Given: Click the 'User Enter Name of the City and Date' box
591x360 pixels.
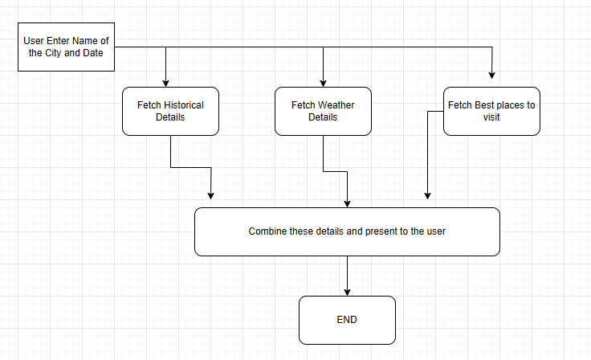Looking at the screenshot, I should pyautogui.click(x=66, y=47).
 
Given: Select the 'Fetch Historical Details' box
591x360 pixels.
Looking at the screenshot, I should pyautogui.click(x=170, y=111).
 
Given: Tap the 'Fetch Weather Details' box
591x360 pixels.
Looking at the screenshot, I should pyautogui.click(x=323, y=111).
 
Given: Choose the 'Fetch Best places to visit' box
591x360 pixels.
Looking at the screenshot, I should pyautogui.click(x=491, y=111).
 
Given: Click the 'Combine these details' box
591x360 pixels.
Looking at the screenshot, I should pyautogui.click(x=347, y=231).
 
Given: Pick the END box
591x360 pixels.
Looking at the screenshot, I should pyautogui.click(x=347, y=320).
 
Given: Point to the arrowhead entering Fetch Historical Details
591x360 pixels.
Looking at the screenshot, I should pyautogui.click(x=166, y=82).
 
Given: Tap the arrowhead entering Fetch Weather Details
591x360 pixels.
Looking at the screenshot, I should pyautogui.click(x=323, y=82).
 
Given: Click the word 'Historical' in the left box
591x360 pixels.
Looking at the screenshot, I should pyautogui.click(x=183, y=105).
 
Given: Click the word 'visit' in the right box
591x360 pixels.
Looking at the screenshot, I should pyautogui.click(x=491, y=117).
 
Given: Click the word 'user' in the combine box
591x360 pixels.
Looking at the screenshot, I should pyautogui.click(x=434, y=231).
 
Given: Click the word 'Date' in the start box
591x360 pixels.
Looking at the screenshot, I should pyautogui.click(x=101, y=53).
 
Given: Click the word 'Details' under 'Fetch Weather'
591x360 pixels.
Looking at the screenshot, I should pyautogui.click(x=323, y=117).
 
